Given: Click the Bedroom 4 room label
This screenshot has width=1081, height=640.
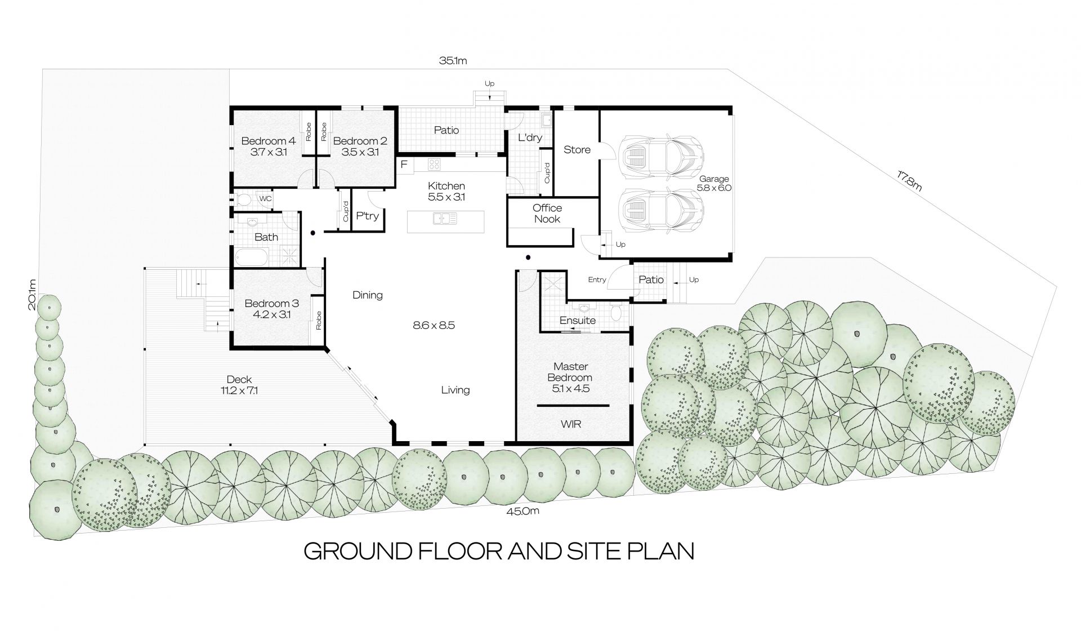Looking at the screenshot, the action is click(268, 146).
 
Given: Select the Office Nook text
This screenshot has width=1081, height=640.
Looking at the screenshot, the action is click(547, 214).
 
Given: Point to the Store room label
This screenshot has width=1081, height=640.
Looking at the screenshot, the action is click(577, 150).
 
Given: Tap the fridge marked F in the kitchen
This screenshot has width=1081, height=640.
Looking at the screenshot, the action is click(404, 165).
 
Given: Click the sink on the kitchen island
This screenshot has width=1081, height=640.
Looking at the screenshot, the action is click(445, 218).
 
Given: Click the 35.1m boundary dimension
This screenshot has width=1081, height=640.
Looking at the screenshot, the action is click(454, 61).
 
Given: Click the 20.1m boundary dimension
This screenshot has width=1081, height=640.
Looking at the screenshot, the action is click(33, 294).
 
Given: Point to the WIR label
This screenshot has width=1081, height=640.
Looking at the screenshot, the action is click(571, 424).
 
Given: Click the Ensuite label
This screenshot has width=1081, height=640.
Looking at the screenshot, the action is click(578, 321).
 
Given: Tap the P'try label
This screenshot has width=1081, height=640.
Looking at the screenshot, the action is click(368, 216).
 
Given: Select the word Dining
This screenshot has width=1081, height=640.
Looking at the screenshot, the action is click(368, 295).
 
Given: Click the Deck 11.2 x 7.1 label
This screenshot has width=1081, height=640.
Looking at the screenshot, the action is click(239, 385).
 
